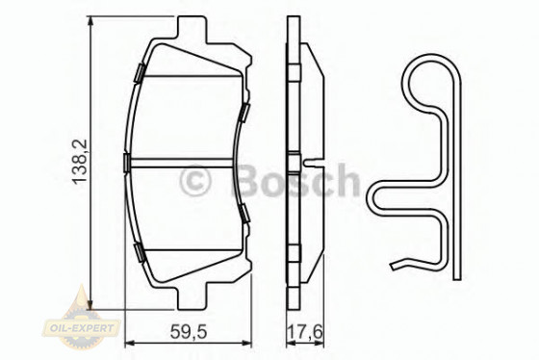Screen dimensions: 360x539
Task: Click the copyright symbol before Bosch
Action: point(196,179)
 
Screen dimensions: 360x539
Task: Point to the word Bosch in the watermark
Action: point(293,179)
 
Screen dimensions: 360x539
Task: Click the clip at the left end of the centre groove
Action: point(129,161)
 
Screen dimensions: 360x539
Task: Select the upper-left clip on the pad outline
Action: point(140,71)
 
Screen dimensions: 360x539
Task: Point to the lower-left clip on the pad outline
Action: point(141,253)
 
